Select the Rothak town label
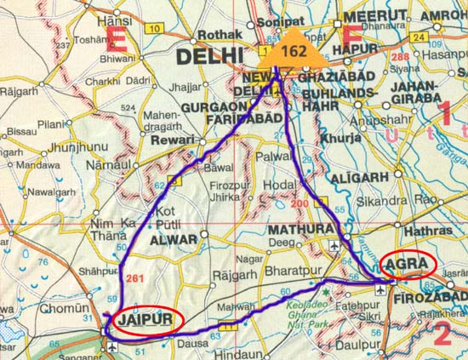[214, 35]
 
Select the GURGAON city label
[211, 109]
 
